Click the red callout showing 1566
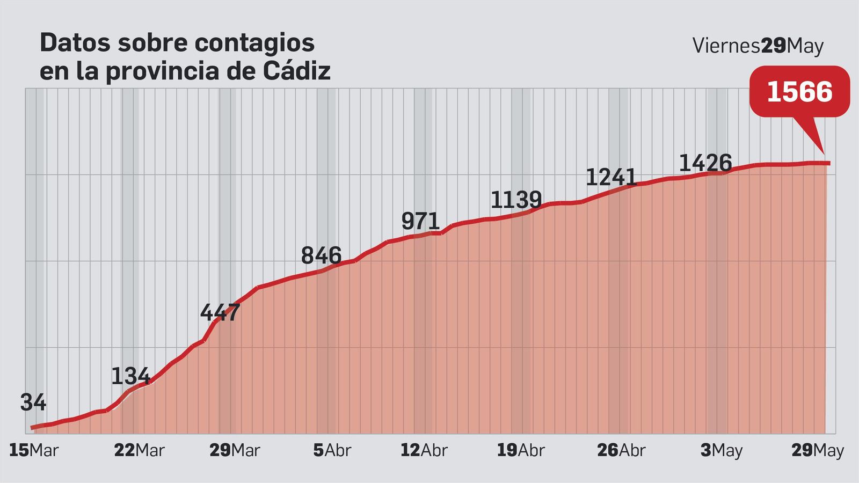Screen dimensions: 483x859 [799, 92]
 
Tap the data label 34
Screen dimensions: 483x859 [33, 402]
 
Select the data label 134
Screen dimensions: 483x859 [130, 376]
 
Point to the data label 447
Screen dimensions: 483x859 [220, 312]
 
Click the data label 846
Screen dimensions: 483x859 [321, 255]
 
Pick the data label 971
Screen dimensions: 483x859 [420, 221]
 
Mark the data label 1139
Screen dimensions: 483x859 [516, 200]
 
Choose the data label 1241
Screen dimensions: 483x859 [611, 177]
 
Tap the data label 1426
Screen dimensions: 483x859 [705, 163]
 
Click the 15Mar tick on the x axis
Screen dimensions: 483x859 [33, 450]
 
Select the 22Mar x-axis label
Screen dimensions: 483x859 [139, 450]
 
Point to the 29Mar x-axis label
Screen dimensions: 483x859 [235, 450]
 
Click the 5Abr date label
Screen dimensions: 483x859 [332, 450]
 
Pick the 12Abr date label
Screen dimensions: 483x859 [424, 450]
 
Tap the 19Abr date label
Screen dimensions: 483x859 [520, 450]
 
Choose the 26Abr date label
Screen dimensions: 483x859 [621, 450]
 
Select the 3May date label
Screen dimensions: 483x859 [721, 450]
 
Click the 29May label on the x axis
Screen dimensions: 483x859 [818, 450]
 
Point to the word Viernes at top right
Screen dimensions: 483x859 [726, 46]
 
